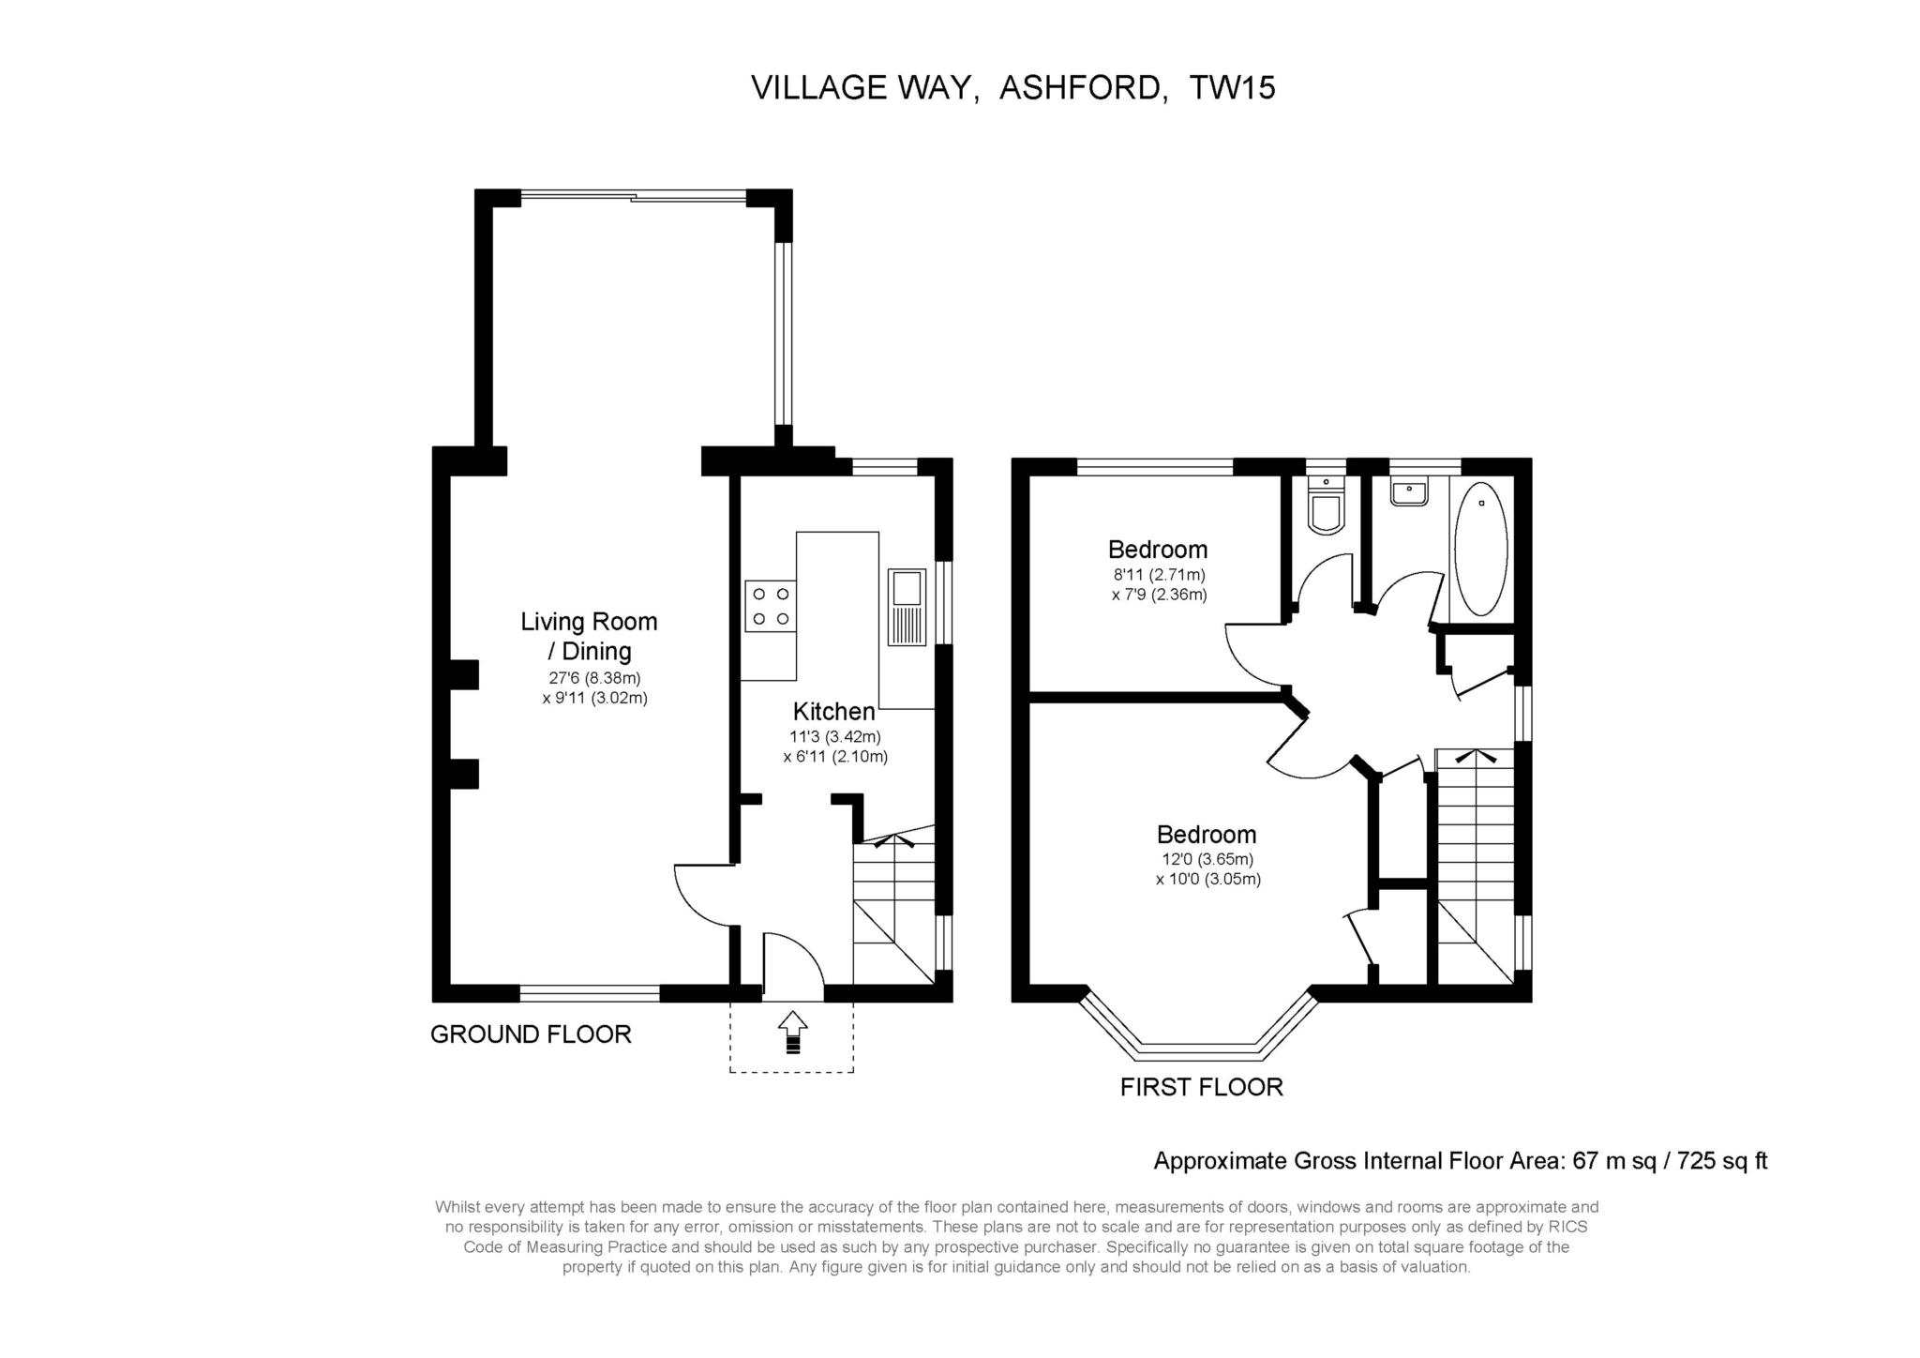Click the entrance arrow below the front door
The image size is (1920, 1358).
coord(792,1032)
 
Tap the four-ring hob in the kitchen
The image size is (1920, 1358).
coord(771,606)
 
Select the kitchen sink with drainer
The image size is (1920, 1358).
coord(907,607)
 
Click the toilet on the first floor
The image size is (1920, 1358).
coord(1326,509)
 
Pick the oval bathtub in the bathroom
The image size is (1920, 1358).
coord(1480,550)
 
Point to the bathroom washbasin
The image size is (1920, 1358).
coord(1409,492)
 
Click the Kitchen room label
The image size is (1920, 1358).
coord(833,711)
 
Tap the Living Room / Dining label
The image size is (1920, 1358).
coord(589,636)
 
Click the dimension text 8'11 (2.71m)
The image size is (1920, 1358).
coord(1159,574)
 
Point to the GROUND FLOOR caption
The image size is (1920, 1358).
coord(531,1034)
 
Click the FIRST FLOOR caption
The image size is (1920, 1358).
coord(1201,1087)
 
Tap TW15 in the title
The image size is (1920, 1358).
coord(1232,88)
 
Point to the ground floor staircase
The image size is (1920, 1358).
coord(893,905)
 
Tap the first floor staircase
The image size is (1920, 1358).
coord(1475,863)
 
